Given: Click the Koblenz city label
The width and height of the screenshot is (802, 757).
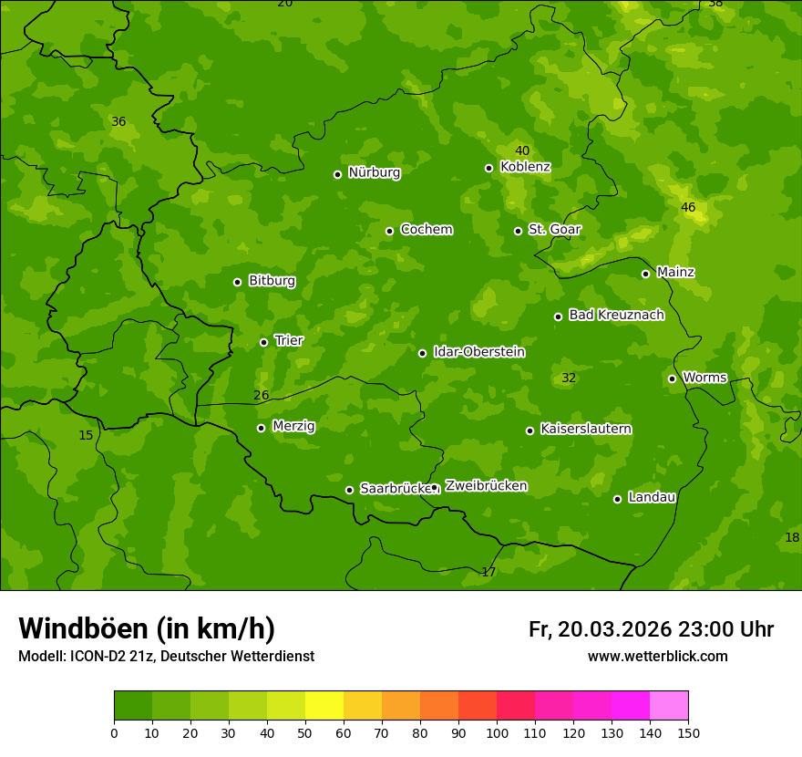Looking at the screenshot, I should pos(525,167).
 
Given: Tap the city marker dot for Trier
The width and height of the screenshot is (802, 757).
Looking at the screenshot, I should pos(263,342).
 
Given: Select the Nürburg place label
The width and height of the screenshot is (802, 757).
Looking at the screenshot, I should pos(374,171).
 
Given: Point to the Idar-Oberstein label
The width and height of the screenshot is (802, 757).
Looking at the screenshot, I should pos(478,352).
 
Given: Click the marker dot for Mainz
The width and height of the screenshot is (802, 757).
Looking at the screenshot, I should pos(645,274).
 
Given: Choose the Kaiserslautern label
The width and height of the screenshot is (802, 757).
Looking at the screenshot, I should pos(585,429).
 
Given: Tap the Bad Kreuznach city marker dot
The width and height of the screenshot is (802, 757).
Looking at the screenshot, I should pos(558,316).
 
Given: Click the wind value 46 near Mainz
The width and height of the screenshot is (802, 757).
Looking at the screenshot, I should pos(688,207).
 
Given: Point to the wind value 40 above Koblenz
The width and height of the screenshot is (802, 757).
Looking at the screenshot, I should pos(522,150).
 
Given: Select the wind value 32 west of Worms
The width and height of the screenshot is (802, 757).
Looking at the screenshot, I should pos(569,378).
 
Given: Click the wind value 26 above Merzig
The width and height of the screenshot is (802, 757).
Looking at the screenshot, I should pos(262,395).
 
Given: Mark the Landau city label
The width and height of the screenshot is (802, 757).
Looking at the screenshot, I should pos(652,497).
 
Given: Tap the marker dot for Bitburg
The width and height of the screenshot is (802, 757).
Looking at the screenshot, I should pos(237,282).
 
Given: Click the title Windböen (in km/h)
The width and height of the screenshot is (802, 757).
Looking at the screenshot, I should pos(147,628).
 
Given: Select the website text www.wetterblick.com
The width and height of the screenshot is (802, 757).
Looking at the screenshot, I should pos(657,656).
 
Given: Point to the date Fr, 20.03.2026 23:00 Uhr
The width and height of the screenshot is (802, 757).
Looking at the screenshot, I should pos(651,629).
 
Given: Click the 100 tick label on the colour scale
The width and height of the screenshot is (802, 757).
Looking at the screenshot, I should pos(497,732).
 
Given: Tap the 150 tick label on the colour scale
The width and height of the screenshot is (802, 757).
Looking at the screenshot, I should pos(688,732).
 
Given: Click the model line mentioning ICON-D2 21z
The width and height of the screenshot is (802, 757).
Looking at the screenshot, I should pos(166,656).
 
